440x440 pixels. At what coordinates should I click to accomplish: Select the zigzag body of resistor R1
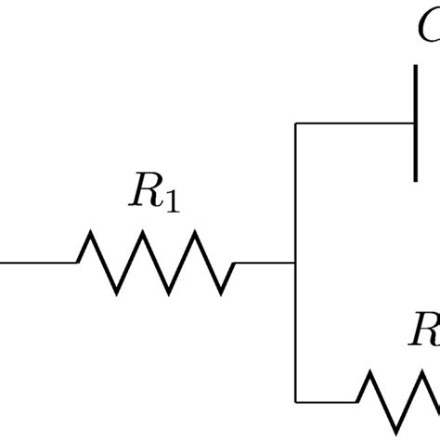155,263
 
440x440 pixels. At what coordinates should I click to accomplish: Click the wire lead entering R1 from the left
37,263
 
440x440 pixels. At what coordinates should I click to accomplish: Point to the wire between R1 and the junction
265,263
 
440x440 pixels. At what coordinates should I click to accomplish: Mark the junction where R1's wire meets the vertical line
295,263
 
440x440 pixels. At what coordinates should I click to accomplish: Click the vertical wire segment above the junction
295,190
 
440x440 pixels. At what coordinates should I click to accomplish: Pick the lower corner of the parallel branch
295,401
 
